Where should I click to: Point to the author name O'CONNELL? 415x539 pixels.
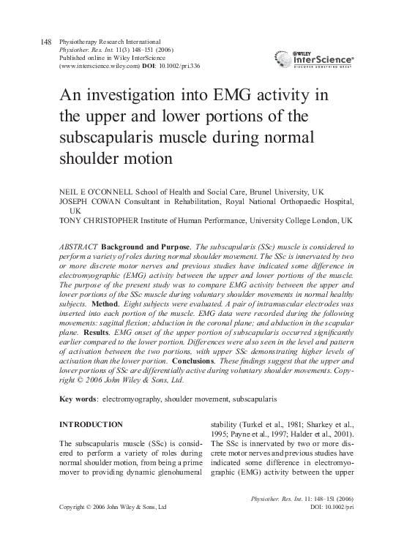109,188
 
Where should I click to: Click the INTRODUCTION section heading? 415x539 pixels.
91,425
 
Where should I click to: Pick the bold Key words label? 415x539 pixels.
78,400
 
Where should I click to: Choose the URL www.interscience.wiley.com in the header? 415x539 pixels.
98,66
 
